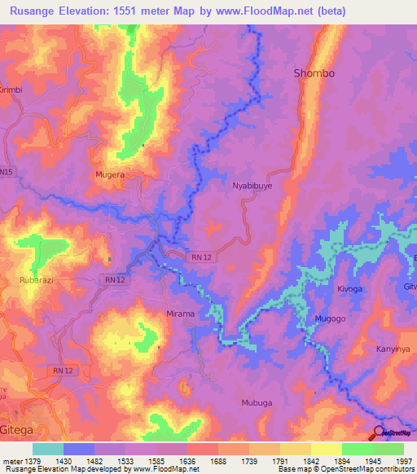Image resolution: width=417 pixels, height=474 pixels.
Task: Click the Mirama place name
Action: click(x=180, y=314)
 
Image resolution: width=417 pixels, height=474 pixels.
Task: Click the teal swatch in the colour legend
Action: click(x=47, y=449)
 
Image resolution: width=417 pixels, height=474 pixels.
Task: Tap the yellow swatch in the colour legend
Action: click(x=295, y=449)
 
